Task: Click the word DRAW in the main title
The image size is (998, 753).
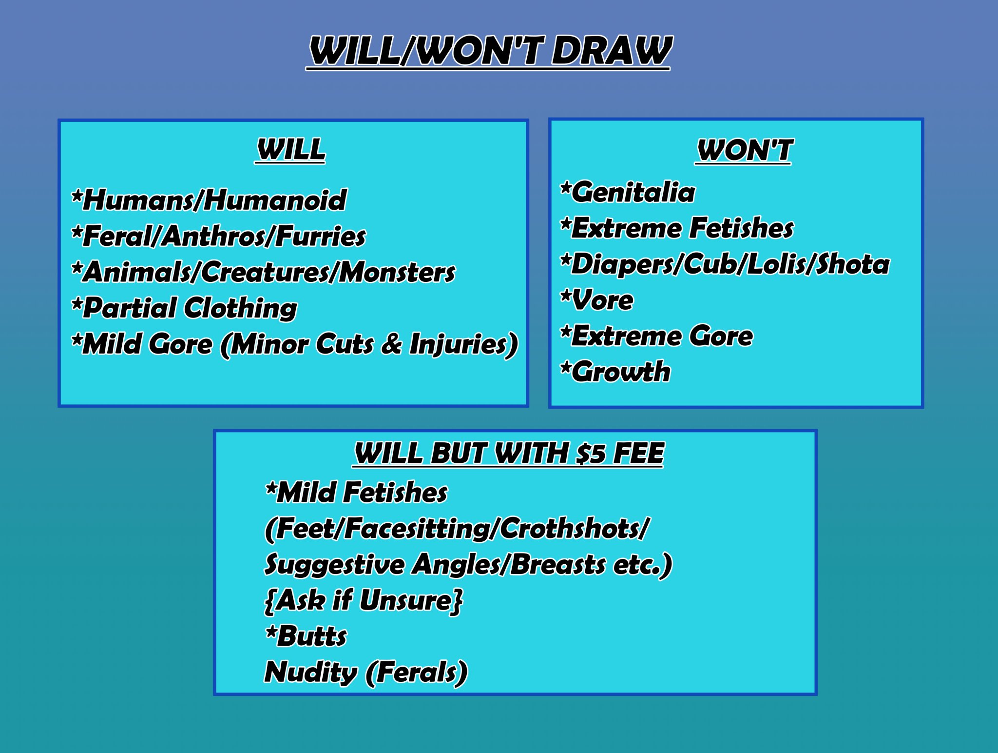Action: click(612, 50)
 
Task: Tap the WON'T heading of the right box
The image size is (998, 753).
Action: click(744, 150)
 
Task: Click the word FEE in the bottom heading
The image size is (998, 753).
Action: click(638, 454)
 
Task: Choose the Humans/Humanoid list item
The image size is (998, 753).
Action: click(209, 200)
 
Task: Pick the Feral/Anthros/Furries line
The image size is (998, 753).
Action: click(218, 236)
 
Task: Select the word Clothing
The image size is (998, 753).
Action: click(241, 308)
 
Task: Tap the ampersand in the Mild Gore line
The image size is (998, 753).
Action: click(392, 344)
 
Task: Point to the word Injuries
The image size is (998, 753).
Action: click(458, 344)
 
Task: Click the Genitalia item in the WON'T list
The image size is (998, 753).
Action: click(628, 192)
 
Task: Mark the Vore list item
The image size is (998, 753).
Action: click(597, 300)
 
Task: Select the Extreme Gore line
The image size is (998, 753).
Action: click(656, 336)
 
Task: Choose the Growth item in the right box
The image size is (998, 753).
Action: click(615, 372)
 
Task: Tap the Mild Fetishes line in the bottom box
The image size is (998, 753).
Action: click(356, 492)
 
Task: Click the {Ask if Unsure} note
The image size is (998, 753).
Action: click(364, 600)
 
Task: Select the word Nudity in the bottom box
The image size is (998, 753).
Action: click(311, 673)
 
